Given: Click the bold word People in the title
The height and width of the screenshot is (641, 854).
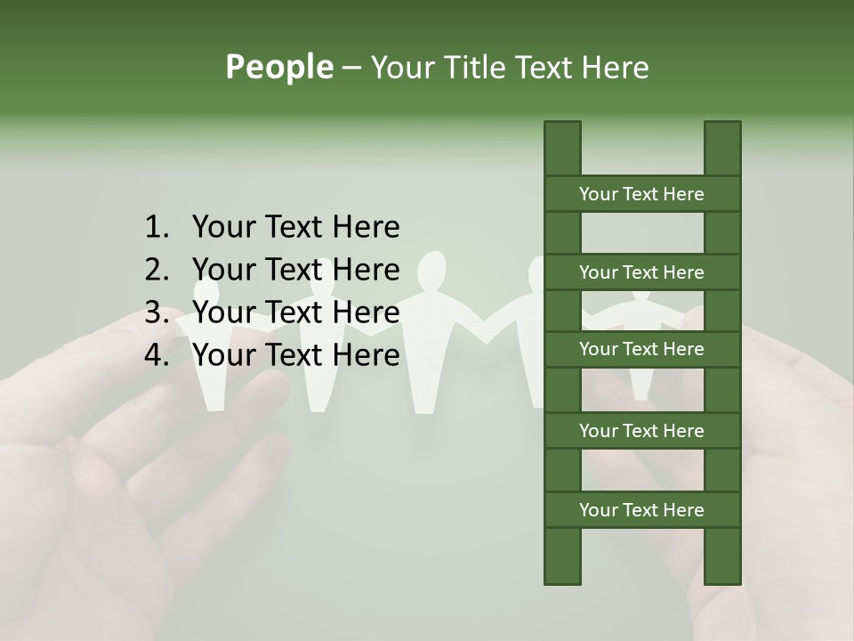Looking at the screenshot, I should [x=278, y=67].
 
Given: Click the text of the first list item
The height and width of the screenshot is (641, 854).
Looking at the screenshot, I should [x=295, y=228].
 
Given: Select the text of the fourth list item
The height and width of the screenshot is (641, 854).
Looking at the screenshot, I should [x=295, y=355].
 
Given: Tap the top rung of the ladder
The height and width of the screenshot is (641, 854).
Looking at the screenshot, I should [x=641, y=194].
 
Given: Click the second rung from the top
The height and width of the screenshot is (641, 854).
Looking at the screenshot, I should [x=641, y=272].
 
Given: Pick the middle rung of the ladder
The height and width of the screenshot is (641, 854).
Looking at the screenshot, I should [x=641, y=350].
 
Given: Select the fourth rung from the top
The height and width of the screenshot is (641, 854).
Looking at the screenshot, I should [x=641, y=431].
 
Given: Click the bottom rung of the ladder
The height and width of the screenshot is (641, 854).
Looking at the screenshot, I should [x=641, y=510].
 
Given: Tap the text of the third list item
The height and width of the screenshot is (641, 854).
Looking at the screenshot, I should [x=295, y=312].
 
